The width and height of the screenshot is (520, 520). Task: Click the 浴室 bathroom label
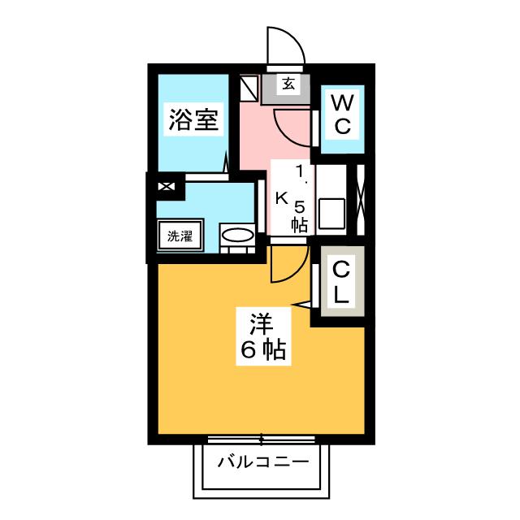point(193,121)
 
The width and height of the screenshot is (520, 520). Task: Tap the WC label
point(342,115)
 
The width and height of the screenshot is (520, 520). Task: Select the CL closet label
point(342,281)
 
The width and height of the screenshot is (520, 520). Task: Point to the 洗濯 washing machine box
point(180,237)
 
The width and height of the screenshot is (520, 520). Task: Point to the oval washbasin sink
point(238,236)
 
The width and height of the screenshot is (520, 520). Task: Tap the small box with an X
point(166,187)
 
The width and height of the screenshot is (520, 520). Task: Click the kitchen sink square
point(332,214)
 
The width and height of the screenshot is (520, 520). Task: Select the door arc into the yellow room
point(286,264)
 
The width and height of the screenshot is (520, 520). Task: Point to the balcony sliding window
point(262,440)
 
